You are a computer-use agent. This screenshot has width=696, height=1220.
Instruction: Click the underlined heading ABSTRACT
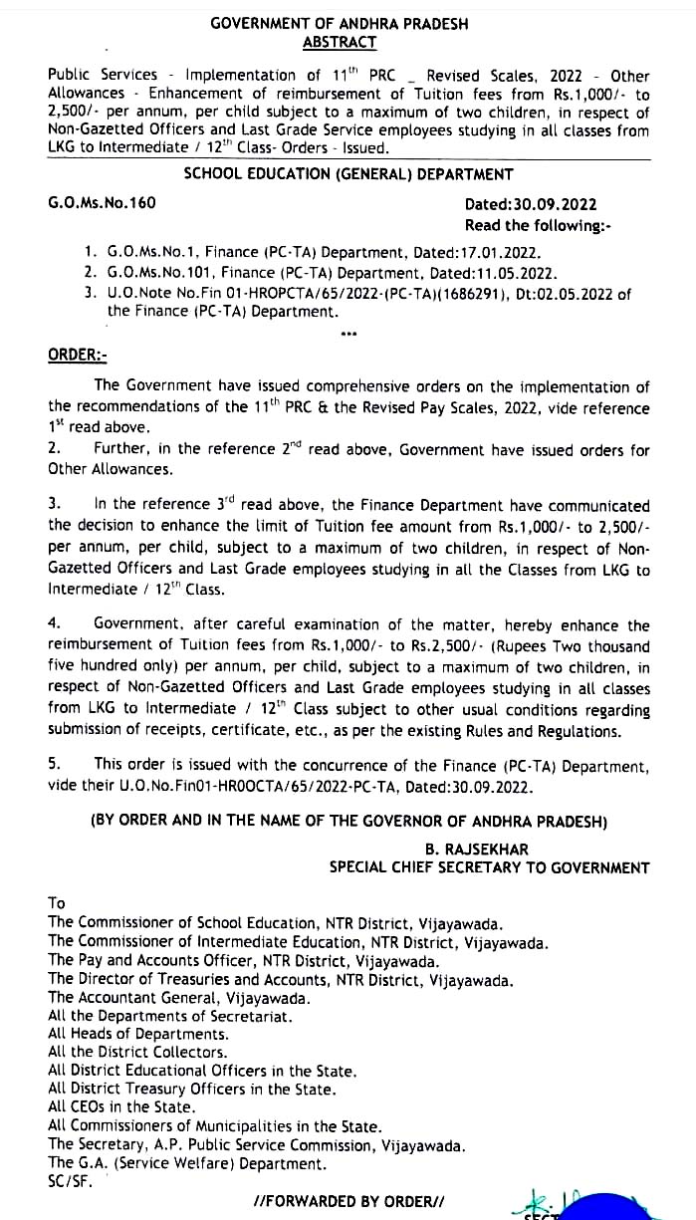341,42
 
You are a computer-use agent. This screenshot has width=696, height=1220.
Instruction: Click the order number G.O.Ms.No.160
102,203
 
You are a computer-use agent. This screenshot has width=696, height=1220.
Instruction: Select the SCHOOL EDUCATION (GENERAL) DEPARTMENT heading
348,174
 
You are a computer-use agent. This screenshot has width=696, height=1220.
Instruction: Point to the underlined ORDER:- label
77,356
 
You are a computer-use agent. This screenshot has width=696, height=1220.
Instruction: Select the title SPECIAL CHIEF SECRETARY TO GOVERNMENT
489,867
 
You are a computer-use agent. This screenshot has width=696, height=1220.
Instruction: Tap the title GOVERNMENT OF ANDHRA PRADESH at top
340,23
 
